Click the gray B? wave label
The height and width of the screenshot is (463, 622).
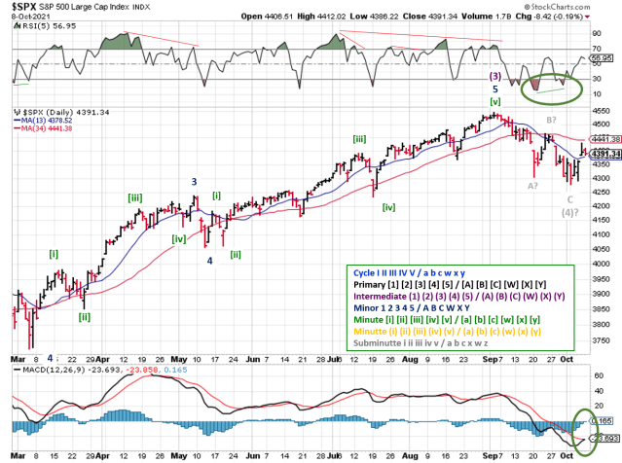pos(550,120)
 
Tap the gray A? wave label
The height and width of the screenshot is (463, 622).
pos(533,185)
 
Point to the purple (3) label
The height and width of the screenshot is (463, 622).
pos(494,76)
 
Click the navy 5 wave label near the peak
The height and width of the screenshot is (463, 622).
pos(494,89)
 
